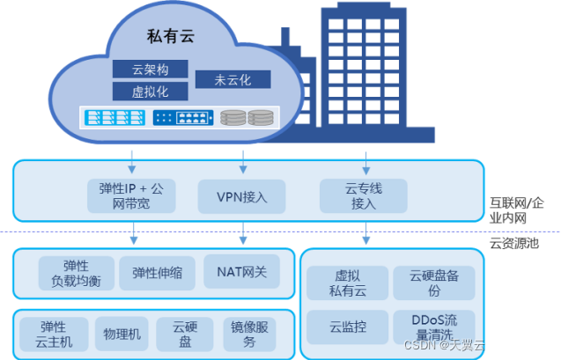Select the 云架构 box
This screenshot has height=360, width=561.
point(150,70)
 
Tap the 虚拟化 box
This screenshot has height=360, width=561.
point(150,92)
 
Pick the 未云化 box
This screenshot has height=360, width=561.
point(233,79)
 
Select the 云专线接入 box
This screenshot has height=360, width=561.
point(364,195)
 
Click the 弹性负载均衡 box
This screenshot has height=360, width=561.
point(76,273)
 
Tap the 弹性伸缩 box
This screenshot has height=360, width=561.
point(157,273)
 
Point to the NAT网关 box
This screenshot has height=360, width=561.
point(241,272)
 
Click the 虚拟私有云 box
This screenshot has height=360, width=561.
point(347,283)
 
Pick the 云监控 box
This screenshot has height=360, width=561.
point(347,327)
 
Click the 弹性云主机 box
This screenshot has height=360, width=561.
point(53,334)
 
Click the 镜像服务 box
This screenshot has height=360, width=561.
point(247,334)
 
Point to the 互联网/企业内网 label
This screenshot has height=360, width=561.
point(523,209)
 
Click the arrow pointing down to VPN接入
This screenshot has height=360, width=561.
point(243,162)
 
